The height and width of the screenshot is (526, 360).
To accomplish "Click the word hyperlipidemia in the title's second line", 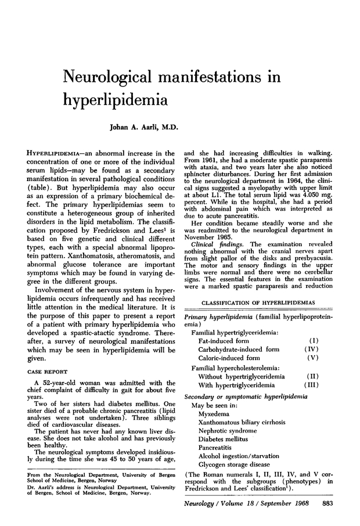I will (116, 100).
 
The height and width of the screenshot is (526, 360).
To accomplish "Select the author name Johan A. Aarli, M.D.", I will (143, 127).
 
